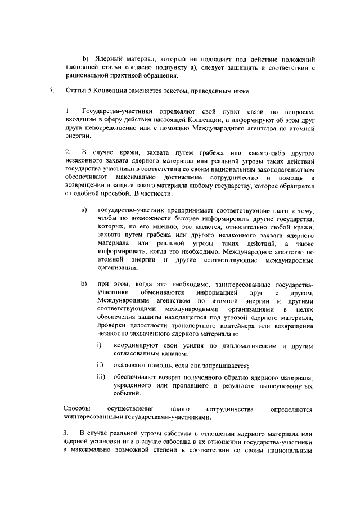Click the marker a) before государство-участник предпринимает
click(85, 210)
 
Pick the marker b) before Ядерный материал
click(86, 58)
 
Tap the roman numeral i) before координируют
click(100, 344)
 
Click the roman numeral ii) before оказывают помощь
click(101, 365)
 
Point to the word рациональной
click(87, 76)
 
